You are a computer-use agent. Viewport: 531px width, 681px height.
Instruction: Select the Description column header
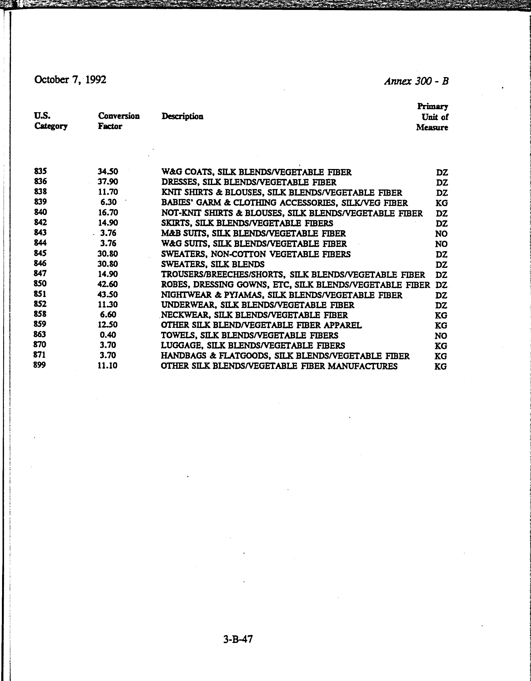click(x=182, y=116)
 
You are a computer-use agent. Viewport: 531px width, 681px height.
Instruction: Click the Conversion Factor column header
click(x=118, y=121)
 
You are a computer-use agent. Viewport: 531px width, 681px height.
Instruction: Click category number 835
click(x=41, y=171)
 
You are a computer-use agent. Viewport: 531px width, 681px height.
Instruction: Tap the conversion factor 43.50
click(x=107, y=295)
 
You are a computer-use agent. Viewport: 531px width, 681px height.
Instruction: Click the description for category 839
click(x=284, y=203)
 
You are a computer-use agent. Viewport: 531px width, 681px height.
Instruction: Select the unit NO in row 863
click(x=441, y=336)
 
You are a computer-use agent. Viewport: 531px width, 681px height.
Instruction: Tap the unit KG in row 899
click(x=441, y=366)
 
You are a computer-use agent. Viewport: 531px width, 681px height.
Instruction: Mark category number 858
click(x=40, y=314)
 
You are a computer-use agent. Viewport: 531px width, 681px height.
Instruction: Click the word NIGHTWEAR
click(x=182, y=295)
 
